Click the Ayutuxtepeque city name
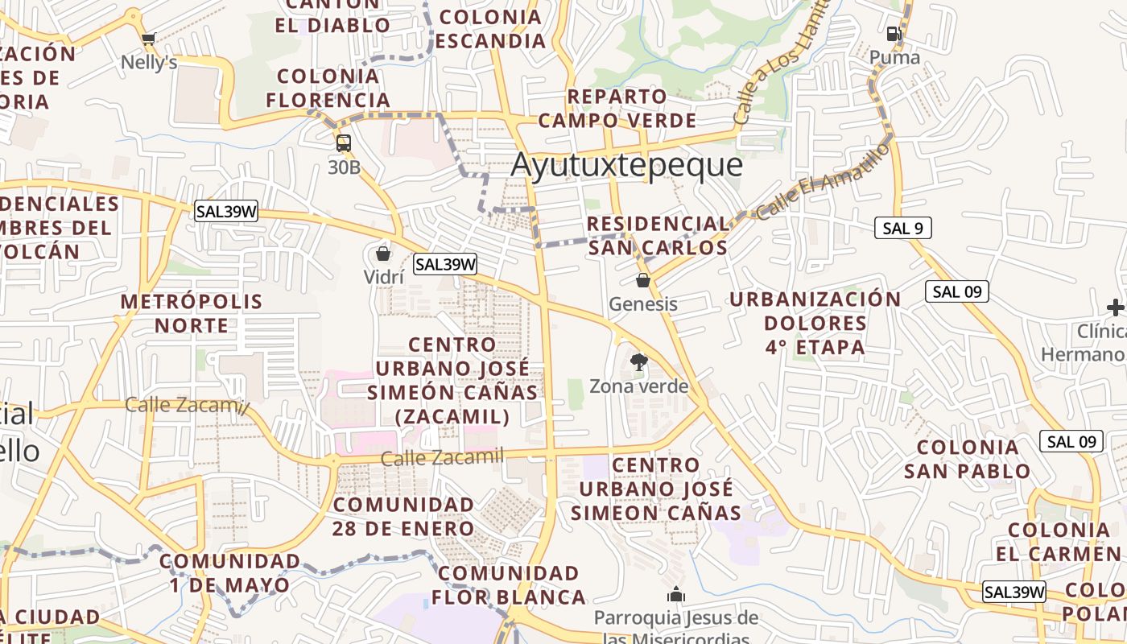pos(626,165)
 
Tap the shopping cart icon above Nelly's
pos(148,39)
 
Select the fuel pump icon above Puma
pos(894,34)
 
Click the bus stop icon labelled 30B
pos(344,143)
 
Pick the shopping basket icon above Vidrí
pos(383,254)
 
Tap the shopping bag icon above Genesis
pos(642,281)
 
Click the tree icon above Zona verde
pos(639,362)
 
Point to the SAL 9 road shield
pos(902,228)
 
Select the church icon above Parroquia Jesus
pos(675,595)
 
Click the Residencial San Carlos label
pos(658,235)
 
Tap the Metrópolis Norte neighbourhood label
pos(192,313)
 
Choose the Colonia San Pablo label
pos(967,459)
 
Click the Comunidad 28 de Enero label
pos(403,516)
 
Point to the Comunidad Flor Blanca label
pos(509,585)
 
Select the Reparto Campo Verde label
pos(617,109)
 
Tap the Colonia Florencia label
pos(328,89)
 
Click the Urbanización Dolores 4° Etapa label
pos(815,323)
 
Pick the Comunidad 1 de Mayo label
pos(229,572)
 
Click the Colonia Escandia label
pos(491,28)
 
